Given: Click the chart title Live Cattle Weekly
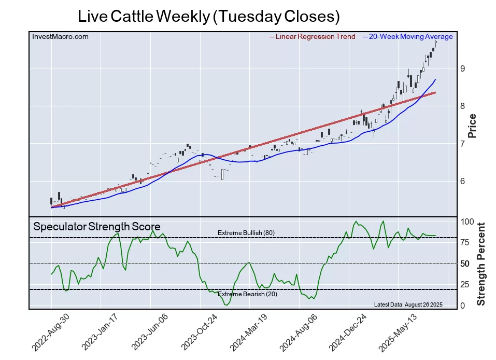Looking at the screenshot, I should tap(208, 16).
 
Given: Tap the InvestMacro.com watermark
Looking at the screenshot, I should tap(60, 36).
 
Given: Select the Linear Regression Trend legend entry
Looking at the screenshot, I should tap(313, 36).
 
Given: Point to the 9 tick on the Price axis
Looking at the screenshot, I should tap(461, 68).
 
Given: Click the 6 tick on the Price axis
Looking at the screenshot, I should tap(461, 181).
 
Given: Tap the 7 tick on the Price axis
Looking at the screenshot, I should tap(461, 144).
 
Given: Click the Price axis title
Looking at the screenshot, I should tap(472, 126).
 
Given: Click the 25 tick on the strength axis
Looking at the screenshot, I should tap(464, 284).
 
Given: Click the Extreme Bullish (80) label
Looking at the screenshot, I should tap(246, 233).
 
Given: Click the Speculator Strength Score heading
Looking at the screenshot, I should tap(97, 227).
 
